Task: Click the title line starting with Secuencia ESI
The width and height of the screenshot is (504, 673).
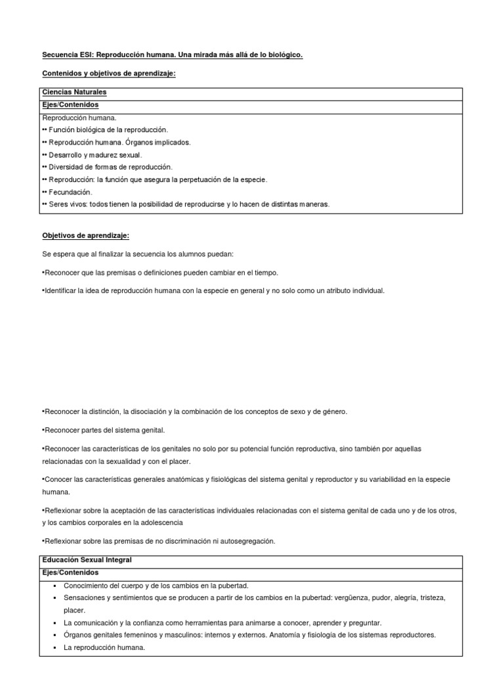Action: [x=172, y=56]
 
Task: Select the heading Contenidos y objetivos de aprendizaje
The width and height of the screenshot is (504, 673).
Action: [x=109, y=74]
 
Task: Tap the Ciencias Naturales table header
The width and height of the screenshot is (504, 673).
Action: [x=74, y=93]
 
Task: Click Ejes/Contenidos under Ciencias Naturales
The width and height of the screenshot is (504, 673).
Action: [x=70, y=104]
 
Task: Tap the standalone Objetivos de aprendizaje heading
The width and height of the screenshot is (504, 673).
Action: [x=81, y=235]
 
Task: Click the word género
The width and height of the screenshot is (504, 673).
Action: [x=333, y=411]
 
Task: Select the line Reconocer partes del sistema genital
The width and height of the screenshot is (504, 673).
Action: [x=104, y=430]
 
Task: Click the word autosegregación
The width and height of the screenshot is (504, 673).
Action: [x=241, y=541]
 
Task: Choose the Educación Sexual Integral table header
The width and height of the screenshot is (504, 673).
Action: [x=87, y=560]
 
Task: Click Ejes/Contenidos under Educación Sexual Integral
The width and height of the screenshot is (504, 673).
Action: [x=70, y=572]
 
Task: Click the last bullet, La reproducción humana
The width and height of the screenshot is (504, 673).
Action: [x=104, y=647]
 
